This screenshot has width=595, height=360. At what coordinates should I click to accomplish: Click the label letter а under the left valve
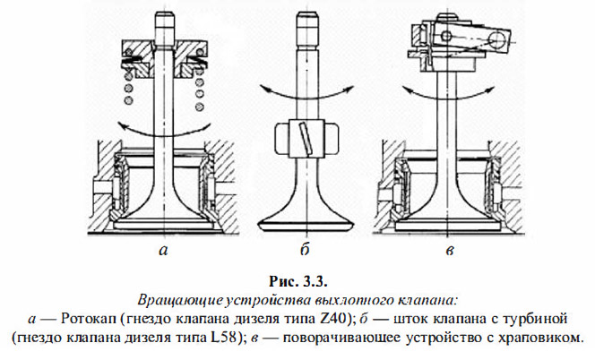(x=162, y=252)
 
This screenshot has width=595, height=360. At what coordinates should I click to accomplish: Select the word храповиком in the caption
(x=539, y=339)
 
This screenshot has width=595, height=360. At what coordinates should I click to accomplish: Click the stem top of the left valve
(x=162, y=20)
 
